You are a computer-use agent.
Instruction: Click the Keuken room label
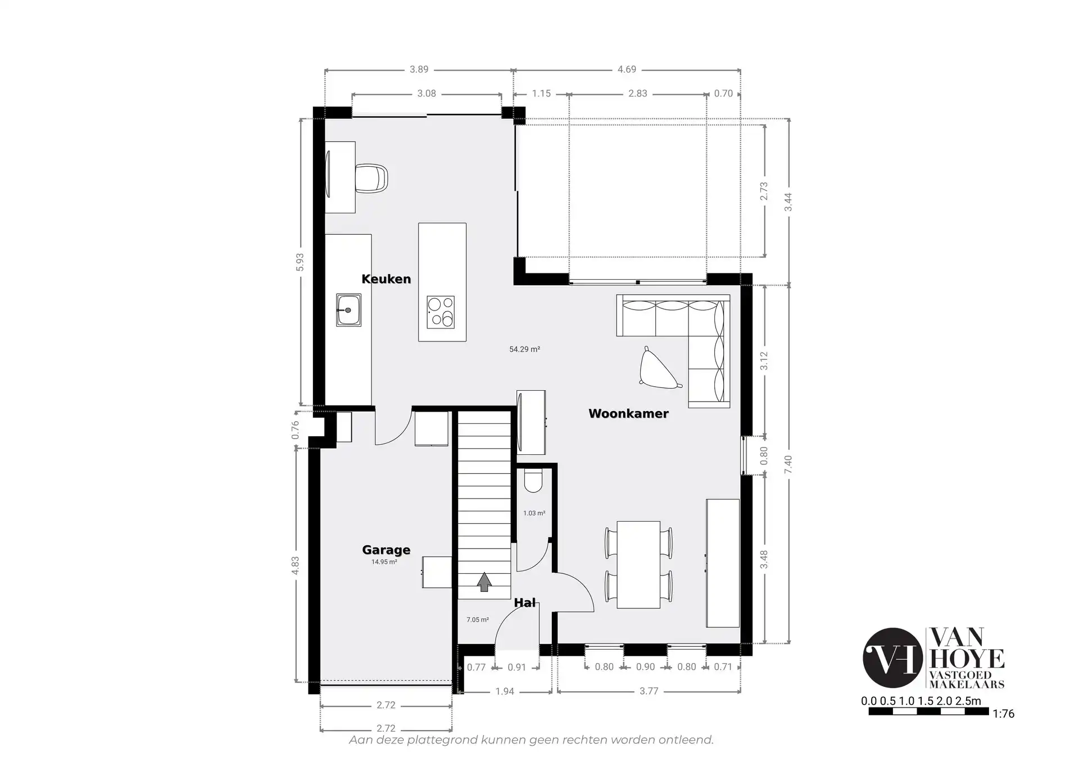[x=386, y=279]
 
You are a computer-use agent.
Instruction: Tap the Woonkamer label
[x=628, y=414]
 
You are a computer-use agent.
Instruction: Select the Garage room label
[x=386, y=550]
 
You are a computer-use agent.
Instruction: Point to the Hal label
[x=525, y=603]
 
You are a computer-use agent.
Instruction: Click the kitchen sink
[x=349, y=309]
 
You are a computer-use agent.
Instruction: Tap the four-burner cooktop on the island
[x=441, y=312]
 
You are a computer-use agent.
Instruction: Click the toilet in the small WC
[x=532, y=481]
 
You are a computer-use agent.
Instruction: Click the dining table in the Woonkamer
[x=638, y=564]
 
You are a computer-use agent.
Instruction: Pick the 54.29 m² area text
[x=525, y=349]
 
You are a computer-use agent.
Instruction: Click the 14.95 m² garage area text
[x=384, y=562]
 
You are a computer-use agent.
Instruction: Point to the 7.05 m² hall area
[x=478, y=620]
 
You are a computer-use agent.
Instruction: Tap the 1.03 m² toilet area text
[x=534, y=513]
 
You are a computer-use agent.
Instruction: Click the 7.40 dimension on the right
[x=788, y=464]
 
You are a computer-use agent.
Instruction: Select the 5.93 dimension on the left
[x=300, y=262]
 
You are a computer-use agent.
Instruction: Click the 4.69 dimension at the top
[x=627, y=70]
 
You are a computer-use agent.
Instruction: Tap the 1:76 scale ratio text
[x=1004, y=714]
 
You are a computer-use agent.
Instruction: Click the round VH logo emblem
[x=893, y=658]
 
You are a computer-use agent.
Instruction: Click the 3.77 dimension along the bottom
[x=649, y=691]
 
